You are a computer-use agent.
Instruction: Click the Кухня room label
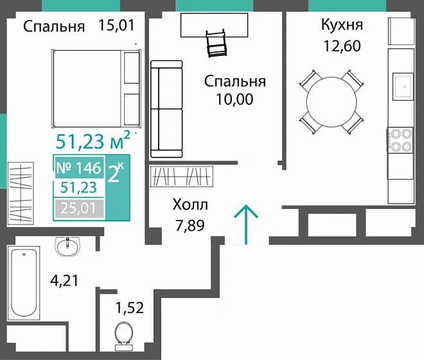click(x=342, y=26)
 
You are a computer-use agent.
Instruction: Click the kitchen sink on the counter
click(x=403, y=85)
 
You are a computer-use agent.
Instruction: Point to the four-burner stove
click(x=400, y=141)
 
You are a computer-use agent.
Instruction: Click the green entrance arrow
click(x=247, y=224)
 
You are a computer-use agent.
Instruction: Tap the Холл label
click(x=190, y=205)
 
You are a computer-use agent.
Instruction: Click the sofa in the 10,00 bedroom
click(x=167, y=109)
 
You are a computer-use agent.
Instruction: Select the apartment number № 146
click(x=79, y=168)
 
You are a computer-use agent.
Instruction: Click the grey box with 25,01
click(x=79, y=207)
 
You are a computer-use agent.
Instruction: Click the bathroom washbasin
click(x=68, y=245)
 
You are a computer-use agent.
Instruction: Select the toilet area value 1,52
click(x=129, y=307)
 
